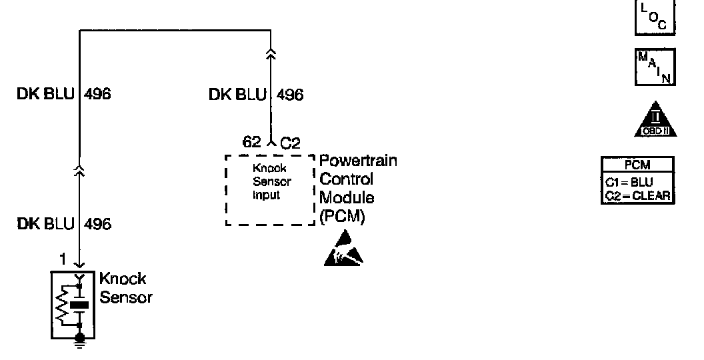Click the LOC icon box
tap(654, 16)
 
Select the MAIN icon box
tap(654, 67)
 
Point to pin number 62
tap(251, 142)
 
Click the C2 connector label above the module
tap(289, 142)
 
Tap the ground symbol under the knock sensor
tap(80, 343)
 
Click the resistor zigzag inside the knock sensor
tap(63, 306)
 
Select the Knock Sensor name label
tap(125, 288)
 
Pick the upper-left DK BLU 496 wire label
tap(64, 95)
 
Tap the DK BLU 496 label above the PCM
tap(256, 95)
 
